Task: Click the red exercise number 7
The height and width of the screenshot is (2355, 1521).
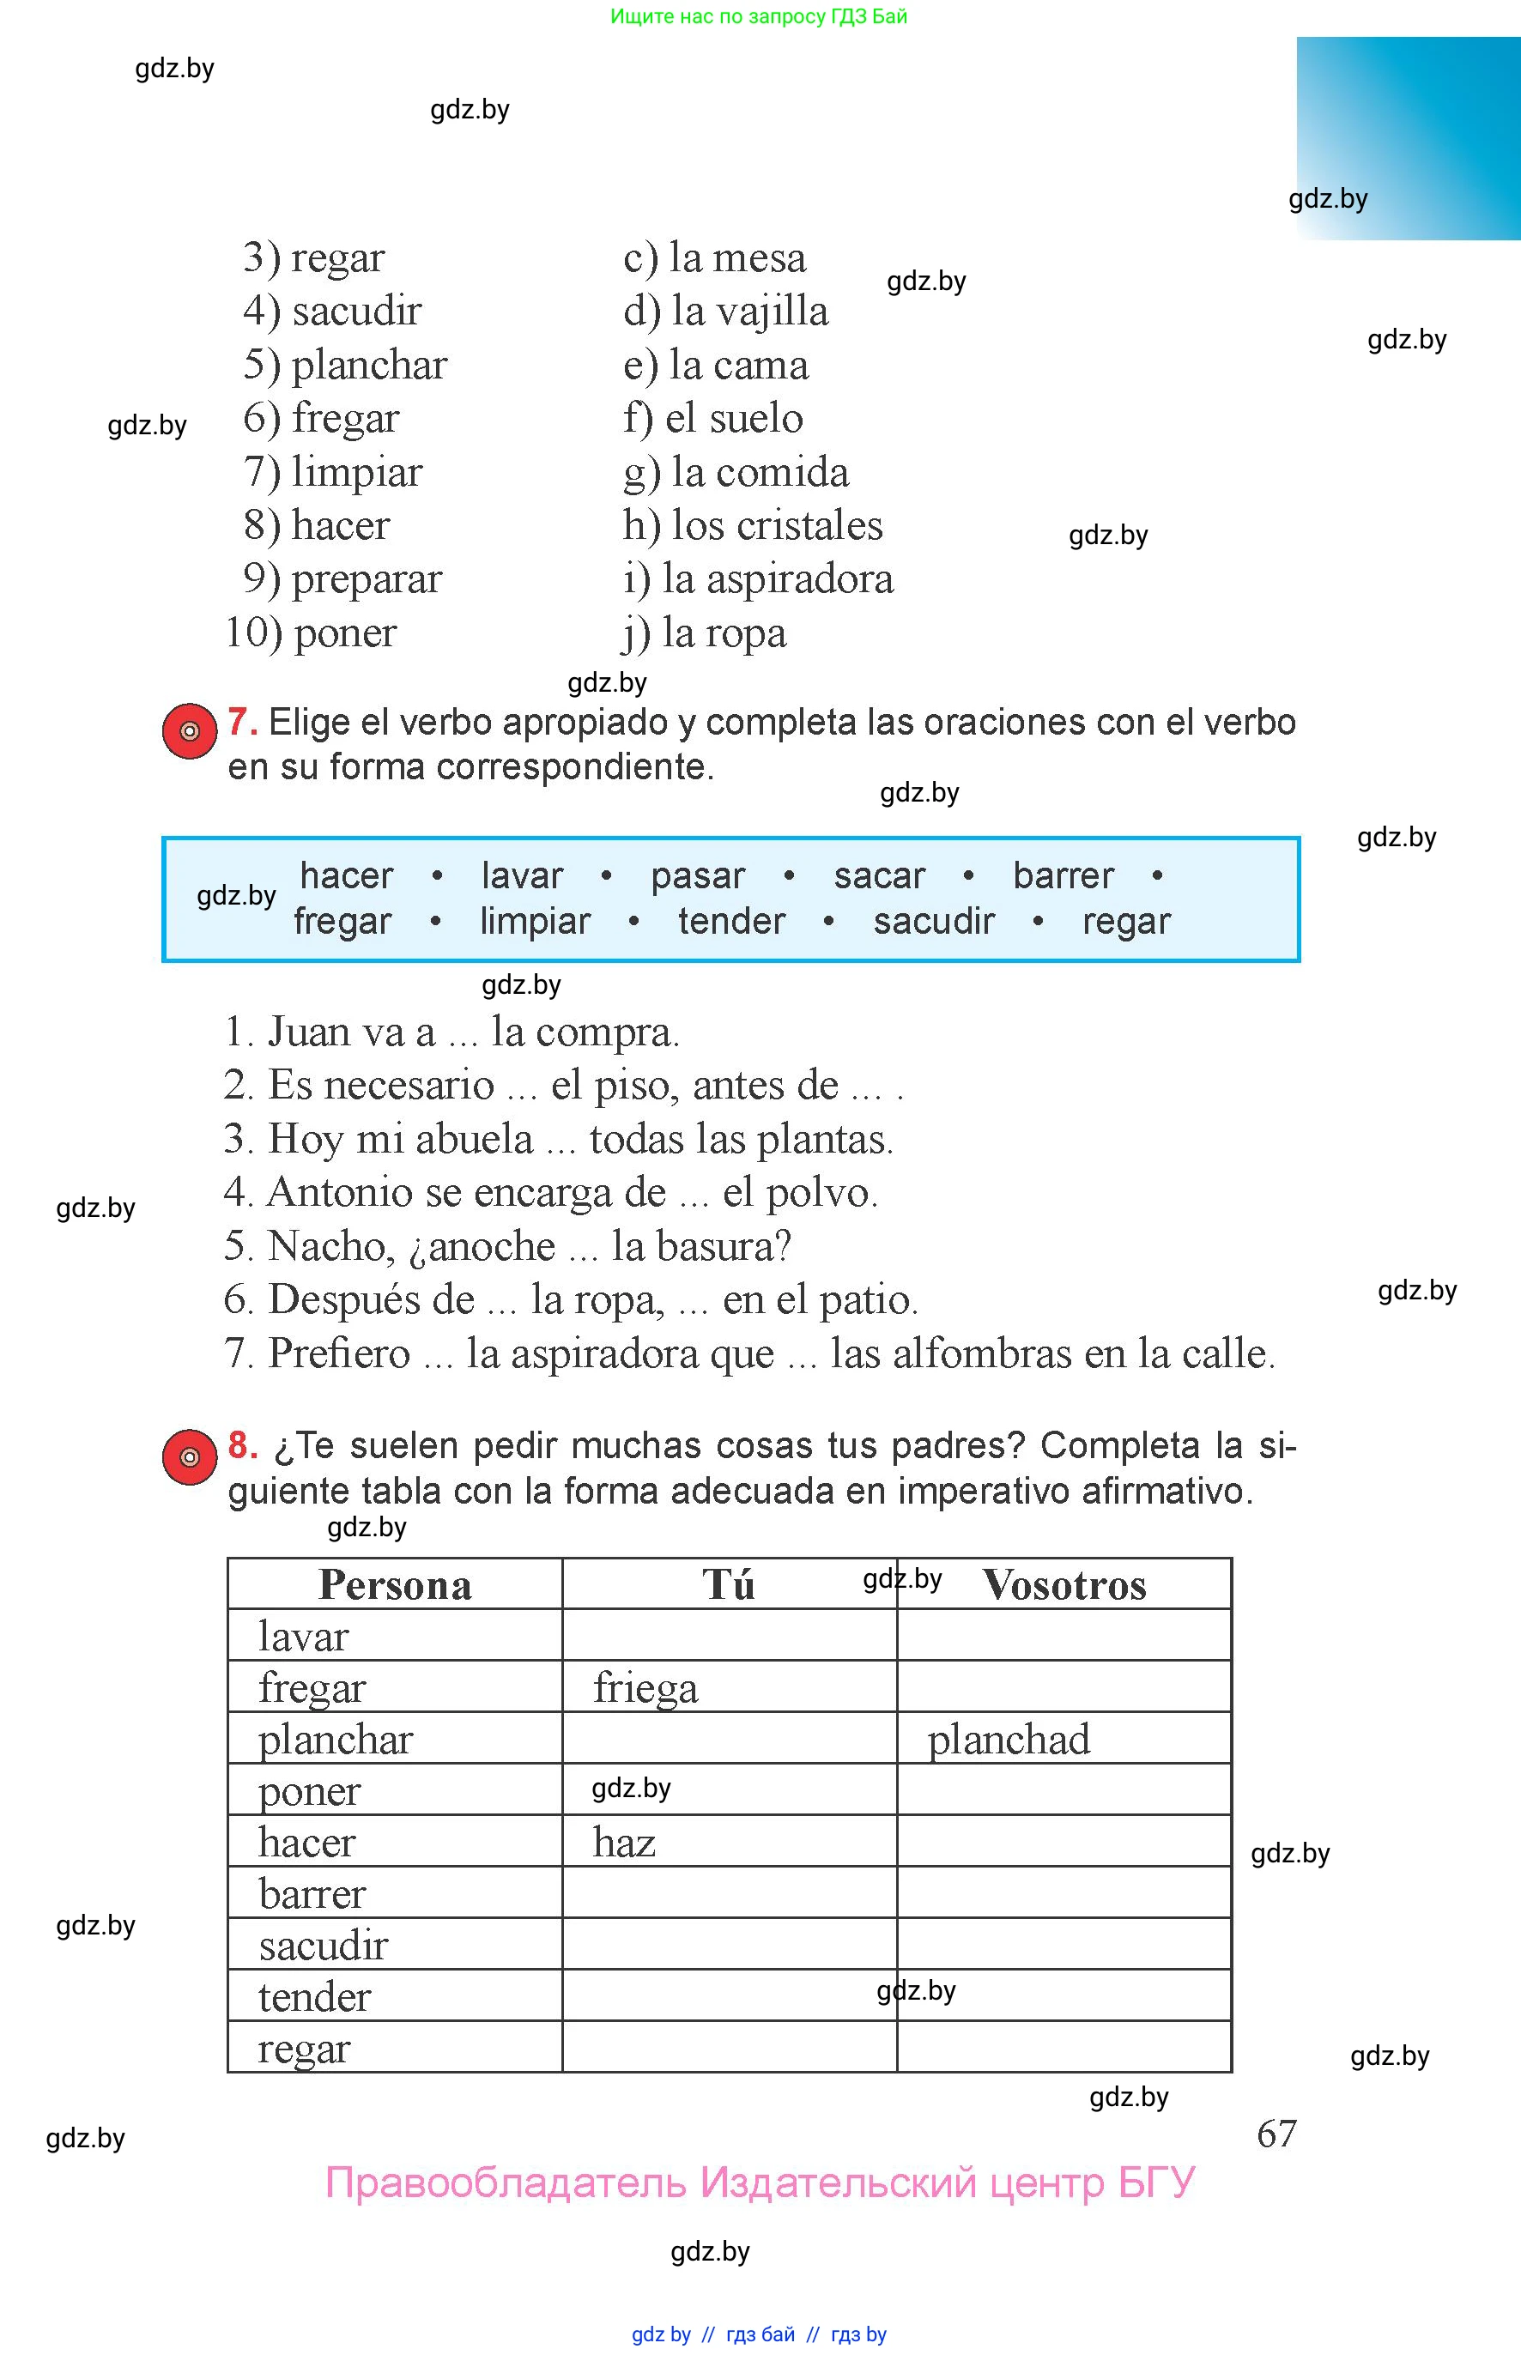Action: (242, 723)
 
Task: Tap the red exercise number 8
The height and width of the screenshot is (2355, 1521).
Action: (242, 1445)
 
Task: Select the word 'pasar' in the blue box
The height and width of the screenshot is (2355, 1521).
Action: (697, 876)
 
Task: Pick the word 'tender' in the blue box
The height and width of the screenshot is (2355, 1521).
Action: (730, 921)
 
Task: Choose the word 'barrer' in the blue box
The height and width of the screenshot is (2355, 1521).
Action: (1063, 876)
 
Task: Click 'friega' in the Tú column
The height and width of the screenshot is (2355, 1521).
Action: (645, 1688)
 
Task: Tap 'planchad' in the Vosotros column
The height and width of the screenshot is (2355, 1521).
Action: (1009, 1740)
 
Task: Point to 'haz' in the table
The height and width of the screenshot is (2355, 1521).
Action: (624, 1843)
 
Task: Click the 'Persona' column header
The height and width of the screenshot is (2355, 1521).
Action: (395, 1586)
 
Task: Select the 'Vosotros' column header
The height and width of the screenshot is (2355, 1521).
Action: (1063, 1586)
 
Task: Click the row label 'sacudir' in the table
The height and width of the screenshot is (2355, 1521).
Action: (323, 1946)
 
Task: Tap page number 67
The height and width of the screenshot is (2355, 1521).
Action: (1276, 2134)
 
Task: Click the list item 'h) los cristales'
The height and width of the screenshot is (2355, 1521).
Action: (753, 525)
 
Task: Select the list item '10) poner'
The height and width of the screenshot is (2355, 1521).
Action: (311, 633)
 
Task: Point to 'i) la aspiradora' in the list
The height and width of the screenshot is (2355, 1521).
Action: (758, 578)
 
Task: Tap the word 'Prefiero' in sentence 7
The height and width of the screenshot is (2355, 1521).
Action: (339, 1353)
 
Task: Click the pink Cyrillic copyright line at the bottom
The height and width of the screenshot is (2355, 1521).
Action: (760, 2183)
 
